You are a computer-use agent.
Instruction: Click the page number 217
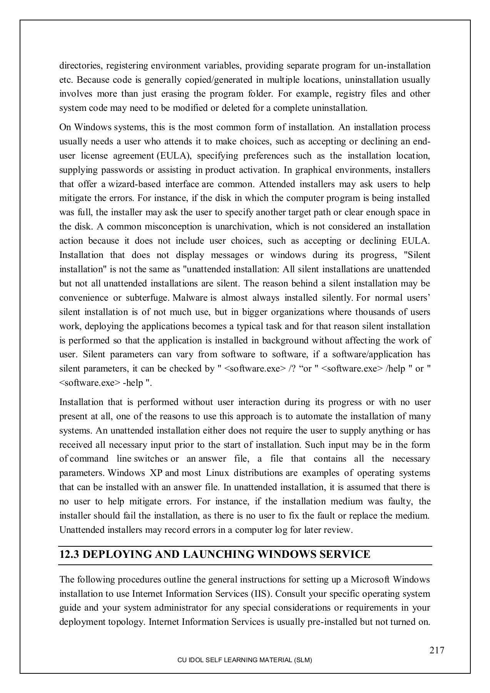437,650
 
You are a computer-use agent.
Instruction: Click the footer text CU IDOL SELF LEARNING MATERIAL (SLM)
244,660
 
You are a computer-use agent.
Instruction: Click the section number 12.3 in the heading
69,554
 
